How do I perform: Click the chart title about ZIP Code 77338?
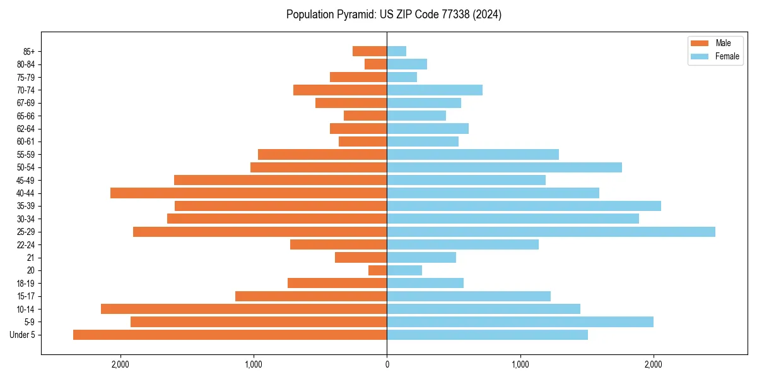(x=394, y=15)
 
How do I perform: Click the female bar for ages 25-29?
(x=551, y=232)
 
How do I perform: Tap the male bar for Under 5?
(x=230, y=335)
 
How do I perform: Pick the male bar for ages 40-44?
(x=249, y=193)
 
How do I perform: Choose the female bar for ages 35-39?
(x=524, y=206)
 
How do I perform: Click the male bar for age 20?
(x=377, y=270)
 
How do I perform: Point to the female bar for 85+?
(x=396, y=51)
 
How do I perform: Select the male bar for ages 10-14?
(x=244, y=309)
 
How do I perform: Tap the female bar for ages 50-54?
(x=504, y=167)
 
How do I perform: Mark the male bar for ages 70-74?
(x=340, y=90)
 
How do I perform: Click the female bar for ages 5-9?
(x=520, y=322)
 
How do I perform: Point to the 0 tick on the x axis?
(x=387, y=364)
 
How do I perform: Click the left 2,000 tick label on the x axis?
(x=120, y=364)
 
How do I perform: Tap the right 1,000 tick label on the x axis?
(x=520, y=364)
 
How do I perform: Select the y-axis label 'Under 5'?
(x=23, y=335)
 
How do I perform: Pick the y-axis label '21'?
(x=30, y=258)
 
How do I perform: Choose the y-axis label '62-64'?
(x=26, y=129)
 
